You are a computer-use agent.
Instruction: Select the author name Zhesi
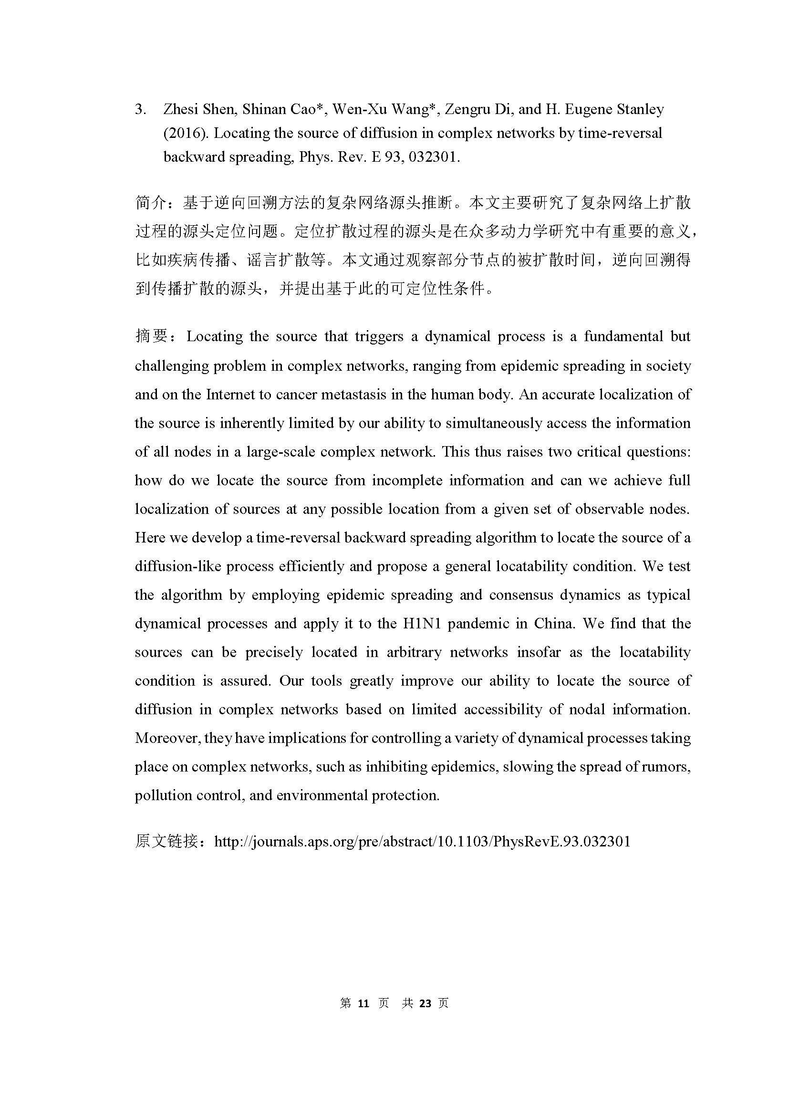(x=181, y=110)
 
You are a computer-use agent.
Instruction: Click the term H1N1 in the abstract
(x=422, y=624)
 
